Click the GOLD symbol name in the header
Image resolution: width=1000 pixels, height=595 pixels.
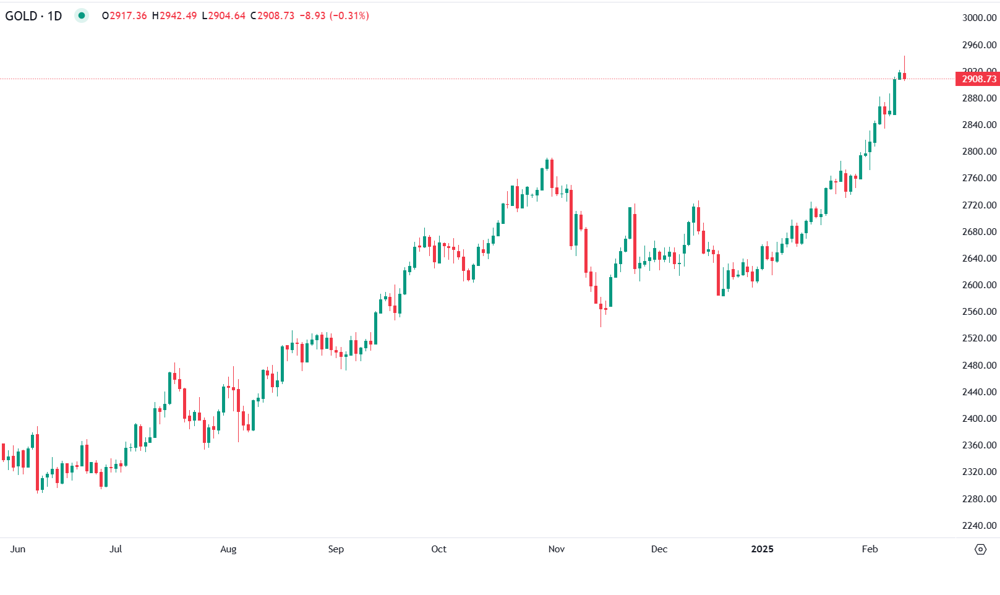[21, 15]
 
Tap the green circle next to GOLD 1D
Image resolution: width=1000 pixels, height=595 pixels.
[81, 15]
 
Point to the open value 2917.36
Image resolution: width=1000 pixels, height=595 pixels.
[128, 15]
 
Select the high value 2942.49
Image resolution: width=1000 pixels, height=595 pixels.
[178, 15]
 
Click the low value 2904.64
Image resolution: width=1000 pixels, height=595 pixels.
[226, 15]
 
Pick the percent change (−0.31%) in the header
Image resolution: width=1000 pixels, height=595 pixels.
[349, 15]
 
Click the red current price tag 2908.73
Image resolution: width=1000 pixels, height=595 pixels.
[978, 79]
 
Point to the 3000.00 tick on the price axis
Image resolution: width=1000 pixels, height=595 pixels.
[979, 18]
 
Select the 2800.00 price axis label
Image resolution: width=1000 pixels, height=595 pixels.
[979, 152]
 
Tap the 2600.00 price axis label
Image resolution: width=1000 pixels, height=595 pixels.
[979, 285]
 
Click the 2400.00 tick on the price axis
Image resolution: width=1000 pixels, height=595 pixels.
[979, 419]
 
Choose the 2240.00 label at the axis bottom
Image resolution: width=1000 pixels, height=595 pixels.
[979, 526]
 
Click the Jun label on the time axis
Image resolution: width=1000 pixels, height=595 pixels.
[18, 549]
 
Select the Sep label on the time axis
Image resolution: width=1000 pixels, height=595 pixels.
[336, 549]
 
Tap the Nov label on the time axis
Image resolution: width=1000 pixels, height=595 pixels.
[557, 549]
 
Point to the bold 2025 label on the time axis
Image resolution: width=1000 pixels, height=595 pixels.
[762, 549]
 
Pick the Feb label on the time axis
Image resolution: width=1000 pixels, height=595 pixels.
[870, 549]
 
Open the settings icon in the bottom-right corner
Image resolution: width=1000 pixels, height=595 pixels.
[980, 549]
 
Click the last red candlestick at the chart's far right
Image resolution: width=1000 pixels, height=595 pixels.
[904, 76]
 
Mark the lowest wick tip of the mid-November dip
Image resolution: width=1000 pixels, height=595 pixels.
[600, 326]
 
